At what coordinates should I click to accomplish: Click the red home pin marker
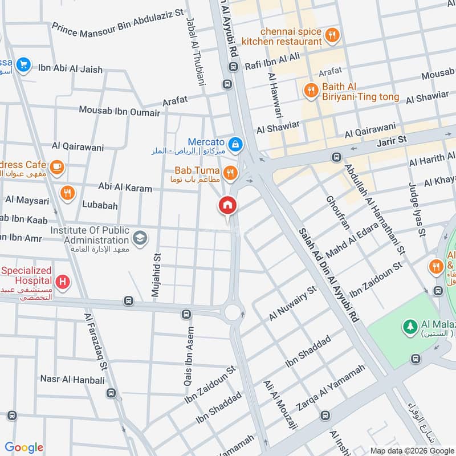click(227, 206)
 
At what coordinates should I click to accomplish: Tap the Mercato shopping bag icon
click(235, 145)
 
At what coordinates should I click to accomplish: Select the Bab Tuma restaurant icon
click(230, 173)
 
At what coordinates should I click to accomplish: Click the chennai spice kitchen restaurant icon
click(332, 36)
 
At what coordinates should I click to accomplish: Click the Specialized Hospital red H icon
click(63, 282)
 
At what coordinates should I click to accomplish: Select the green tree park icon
click(409, 327)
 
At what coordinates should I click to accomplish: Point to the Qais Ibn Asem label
click(189, 356)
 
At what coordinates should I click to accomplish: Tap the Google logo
click(24, 447)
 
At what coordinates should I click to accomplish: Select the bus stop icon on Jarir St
click(336, 157)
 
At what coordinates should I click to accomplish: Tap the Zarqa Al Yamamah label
click(331, 388)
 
